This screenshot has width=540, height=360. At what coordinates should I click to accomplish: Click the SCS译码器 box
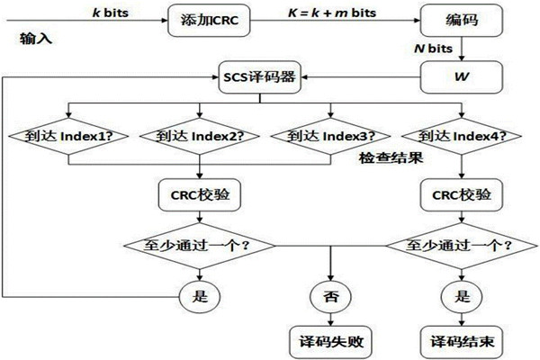pos(260,76)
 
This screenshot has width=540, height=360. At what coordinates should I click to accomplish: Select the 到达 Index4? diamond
pos(462,137)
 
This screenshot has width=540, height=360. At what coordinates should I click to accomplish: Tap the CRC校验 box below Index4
pos(462,193)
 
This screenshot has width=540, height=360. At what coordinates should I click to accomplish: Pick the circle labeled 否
pos(330,294)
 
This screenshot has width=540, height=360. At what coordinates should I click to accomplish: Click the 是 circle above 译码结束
pos(462,294)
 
